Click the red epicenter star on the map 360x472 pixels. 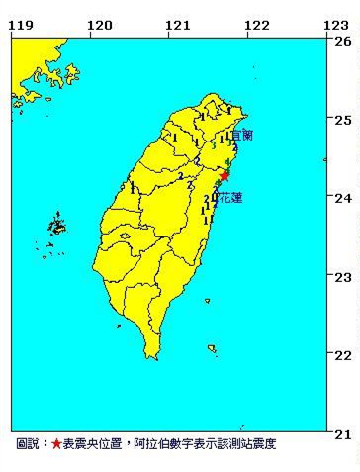[225, 175]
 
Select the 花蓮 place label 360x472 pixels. [228, 197]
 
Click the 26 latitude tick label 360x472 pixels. [343, 41]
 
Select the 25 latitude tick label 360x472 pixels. [343, 120]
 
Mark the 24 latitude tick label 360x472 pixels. [343, 198]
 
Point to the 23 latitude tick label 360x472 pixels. [343, 276]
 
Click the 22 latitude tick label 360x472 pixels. [343, 354]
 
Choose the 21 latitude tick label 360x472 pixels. [343, 432]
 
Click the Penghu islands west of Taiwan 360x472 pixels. [58, 225]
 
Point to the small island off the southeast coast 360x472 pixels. [212, 347]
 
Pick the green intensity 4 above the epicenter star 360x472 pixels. [227, 161]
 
